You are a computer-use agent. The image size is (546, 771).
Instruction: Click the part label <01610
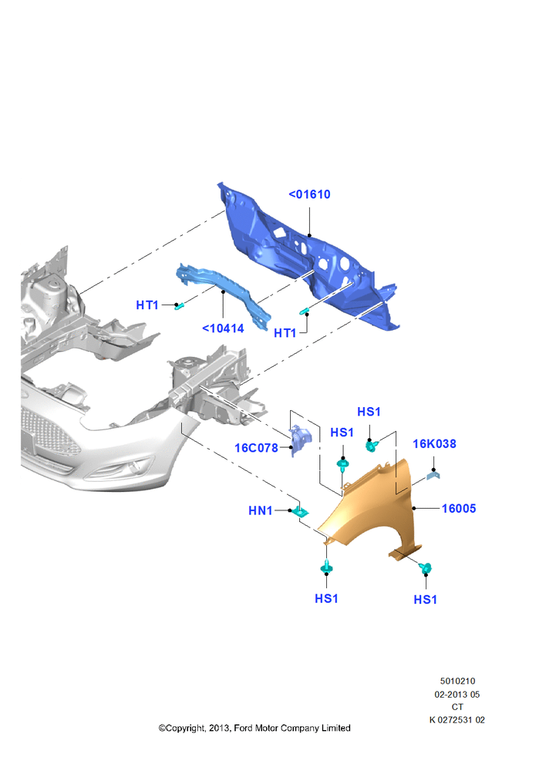pyautogui.click(x=309, y=195)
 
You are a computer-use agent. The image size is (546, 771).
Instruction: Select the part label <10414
pyautogui.click(x=224, y=328)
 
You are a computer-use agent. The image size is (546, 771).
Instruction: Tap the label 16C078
pyautogui.click(x=256, y=448)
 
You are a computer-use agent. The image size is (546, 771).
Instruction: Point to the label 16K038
pyautogui.click(x=434, y=444)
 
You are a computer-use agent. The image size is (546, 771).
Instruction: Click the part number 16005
pyautogui.click(x=459, y=508)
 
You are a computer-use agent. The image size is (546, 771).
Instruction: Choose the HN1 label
pyautogui.click(x=260, y=511)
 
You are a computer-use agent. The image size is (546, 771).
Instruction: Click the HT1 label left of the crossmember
pyautogui.click(x=147, y=305)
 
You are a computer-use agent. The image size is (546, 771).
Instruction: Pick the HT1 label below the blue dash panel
pyautogui.click(x=285, y=333)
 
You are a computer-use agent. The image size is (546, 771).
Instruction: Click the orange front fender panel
pyautogui.click(x=374, y=511)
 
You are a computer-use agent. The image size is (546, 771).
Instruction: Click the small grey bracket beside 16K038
pyautogui.click(x=433, y=474)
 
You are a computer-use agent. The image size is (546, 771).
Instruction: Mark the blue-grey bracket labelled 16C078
pyautogui.click(x=300, y=439)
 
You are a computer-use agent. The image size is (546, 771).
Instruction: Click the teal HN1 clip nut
pyautogui.click(x=300, y=512)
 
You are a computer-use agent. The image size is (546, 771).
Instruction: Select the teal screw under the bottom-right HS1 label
pyautogui.click(x=426, y=568)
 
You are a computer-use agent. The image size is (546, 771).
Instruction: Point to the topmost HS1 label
pyautogui.click(x=369, y=412)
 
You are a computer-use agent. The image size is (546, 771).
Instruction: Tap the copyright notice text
pyautogui.click(x=254, y=729)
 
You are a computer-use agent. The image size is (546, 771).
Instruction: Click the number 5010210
pyautogui.click(x=457, y=682)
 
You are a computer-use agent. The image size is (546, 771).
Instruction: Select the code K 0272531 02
pyautogui.click(x=457, y=720)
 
